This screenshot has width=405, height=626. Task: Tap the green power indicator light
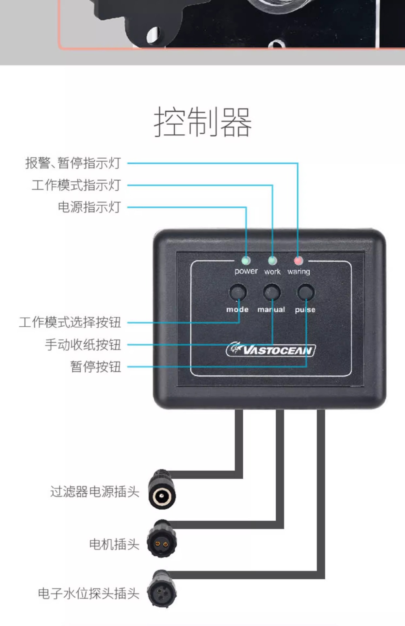point(246,261)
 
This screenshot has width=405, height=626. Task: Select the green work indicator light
point(272,261)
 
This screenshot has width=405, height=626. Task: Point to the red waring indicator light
point(299,261)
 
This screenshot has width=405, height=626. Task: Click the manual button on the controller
point(272,292)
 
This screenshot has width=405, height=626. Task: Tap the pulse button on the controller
point(306,292)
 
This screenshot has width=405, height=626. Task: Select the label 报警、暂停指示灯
point(73,163)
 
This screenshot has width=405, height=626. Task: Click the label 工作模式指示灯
point(76,185)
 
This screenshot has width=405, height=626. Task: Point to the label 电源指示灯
point(89,207)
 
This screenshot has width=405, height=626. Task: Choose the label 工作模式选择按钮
point(70,322)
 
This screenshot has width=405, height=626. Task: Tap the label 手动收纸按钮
point(83,345)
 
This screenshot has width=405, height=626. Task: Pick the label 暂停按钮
point(96,367)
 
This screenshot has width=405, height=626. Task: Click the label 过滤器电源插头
point(95,492)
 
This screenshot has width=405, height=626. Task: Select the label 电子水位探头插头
point(89,593)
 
